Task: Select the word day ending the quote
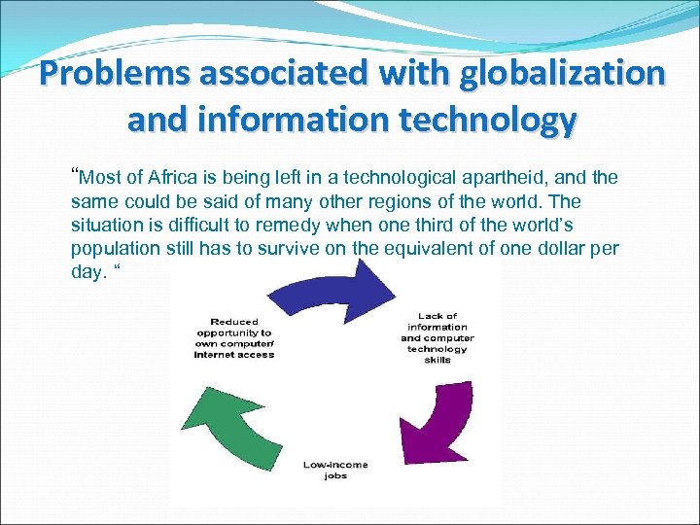[87, 271]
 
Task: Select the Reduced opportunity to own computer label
[234, 338]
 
